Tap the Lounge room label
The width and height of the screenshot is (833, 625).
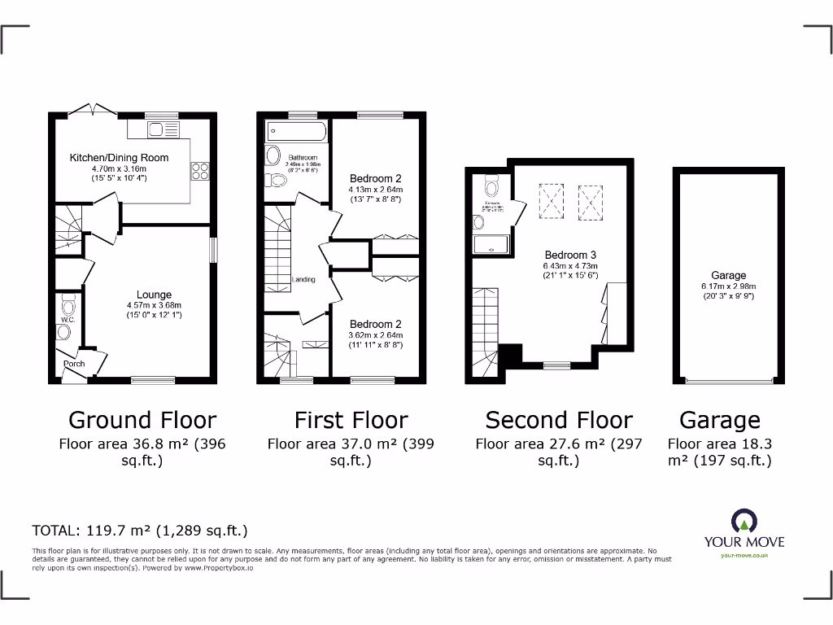point(154,295)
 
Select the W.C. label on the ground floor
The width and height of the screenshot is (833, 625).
point(67,320)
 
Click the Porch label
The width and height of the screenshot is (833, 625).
point(74,364)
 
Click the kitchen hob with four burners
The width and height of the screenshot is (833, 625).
point(199,171)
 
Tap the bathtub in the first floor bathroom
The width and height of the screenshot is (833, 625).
point(295,131)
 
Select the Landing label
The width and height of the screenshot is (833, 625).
point(303,280)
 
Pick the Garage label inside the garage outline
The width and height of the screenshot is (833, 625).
point(728,276)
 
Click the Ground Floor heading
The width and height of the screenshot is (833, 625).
point(142,420)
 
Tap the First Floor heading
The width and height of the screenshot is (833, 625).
point(351,420)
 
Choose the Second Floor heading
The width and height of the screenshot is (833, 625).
point(559,420)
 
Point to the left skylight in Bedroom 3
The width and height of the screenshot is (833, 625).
point(551,199)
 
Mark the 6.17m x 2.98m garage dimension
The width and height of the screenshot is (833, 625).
point(728,286)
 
